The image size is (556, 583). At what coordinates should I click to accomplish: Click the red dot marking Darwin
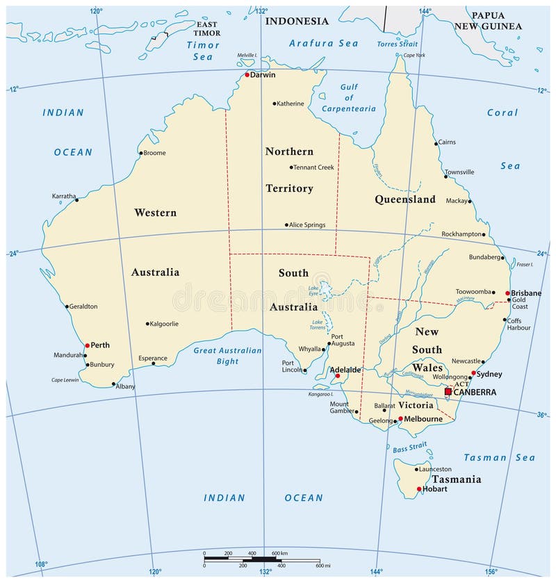247,75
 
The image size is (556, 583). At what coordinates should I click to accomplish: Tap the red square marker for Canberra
448,392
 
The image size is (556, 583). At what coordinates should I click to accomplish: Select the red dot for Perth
87,345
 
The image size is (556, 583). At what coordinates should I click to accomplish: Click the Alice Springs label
308,225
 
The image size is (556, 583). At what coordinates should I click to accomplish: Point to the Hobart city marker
418,489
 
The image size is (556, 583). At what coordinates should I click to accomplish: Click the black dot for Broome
141,153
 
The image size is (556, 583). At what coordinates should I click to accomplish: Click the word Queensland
405,199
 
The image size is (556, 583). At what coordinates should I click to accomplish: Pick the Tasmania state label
456,479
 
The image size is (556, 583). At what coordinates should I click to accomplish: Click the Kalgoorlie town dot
147,324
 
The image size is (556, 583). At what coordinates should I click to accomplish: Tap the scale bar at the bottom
261,559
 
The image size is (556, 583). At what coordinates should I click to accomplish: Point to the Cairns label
446,142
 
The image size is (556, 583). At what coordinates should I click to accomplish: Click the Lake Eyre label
313,290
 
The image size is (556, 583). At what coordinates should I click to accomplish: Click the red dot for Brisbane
508,293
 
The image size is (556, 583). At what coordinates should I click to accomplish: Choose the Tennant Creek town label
313,167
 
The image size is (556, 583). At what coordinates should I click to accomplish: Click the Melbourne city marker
400,419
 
